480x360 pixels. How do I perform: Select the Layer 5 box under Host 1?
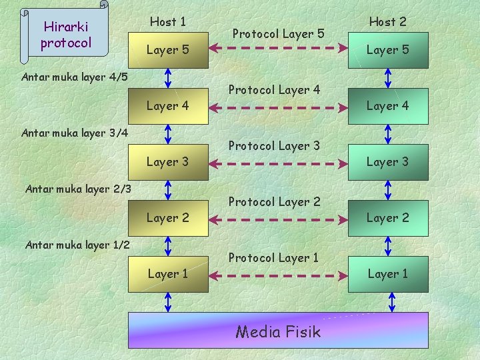(x=168, y=50)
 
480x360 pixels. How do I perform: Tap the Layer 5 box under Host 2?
(x=388, y=50)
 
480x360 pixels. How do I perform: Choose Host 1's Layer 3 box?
(x=168, y=162)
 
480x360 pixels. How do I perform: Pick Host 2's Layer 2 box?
(x=388, y=218)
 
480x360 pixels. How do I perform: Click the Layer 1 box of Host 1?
(x=168, y=274)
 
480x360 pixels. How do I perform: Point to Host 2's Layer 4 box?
(x=388, y=106)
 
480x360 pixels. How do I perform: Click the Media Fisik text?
(x=278, y=332)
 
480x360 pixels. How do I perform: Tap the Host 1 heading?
(x=168, y=22)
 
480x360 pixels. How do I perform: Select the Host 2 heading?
(x=388, y=22)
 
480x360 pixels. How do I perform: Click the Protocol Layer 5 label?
(x=278, y=33)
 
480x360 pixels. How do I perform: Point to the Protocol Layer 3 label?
(x=274, y=146)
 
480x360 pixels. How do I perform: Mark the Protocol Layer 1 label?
(x=273, y=258)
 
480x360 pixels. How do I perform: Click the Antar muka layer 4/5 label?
(x=75, y=77)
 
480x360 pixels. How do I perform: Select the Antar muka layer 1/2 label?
(x=77, y=245)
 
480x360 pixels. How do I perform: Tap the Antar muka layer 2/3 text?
(x=78, y=189)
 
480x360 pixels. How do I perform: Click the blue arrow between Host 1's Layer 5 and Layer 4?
(x=168, y=78)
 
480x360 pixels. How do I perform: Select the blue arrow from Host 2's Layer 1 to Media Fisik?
(x=391, y=302)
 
